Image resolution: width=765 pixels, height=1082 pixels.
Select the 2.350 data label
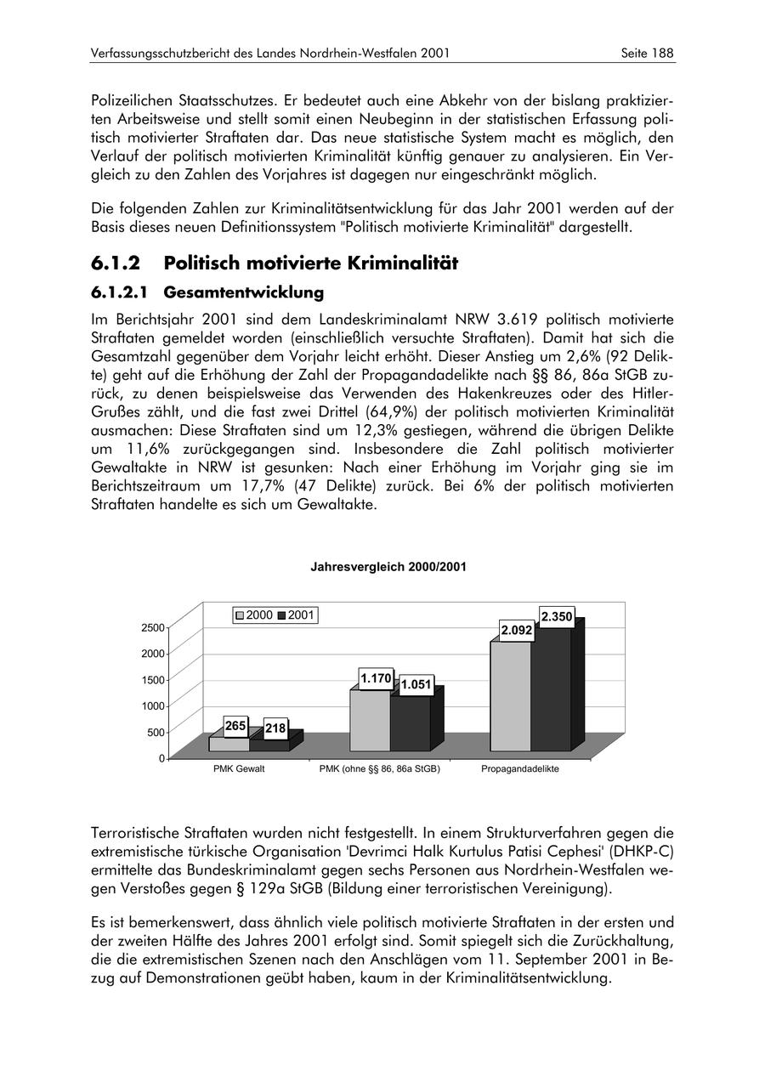[557, 616]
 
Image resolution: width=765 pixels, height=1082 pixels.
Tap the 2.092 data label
[517, 630]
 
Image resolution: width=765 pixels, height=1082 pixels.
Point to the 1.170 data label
[375, 678]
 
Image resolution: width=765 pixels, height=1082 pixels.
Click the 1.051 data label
[416, 685]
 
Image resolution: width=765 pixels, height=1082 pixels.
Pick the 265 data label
[236, 726]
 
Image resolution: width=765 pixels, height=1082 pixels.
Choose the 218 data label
[275, 729]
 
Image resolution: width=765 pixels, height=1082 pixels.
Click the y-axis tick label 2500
[154, 627]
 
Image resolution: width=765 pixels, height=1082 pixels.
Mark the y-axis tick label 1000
[154, 705]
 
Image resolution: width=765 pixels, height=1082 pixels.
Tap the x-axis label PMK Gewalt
[239, 769]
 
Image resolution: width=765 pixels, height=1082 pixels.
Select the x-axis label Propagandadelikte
[520, 769]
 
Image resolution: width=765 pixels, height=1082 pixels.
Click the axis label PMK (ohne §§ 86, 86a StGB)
[379, 769]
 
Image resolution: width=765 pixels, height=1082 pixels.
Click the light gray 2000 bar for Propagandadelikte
[510, 697]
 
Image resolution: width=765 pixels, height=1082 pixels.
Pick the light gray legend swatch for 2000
[241, 615]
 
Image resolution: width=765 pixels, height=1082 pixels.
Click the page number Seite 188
[648, 53]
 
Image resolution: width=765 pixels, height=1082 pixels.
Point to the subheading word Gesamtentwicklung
[244, 292]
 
